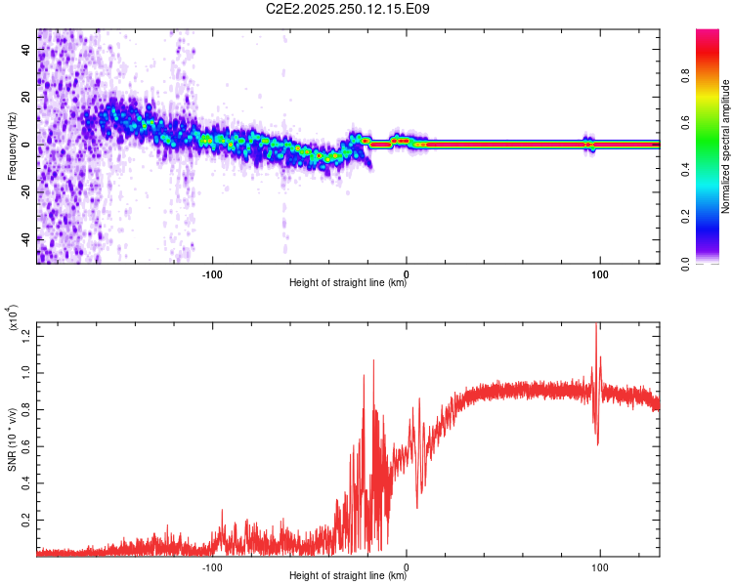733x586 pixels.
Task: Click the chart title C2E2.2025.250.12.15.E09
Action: [x=348, y=9]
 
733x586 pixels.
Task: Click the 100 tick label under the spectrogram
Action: [x=599, y=272]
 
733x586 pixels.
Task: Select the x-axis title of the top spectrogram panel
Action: [x=348, y=283]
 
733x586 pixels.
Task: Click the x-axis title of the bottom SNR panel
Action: [x=348, y=576]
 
